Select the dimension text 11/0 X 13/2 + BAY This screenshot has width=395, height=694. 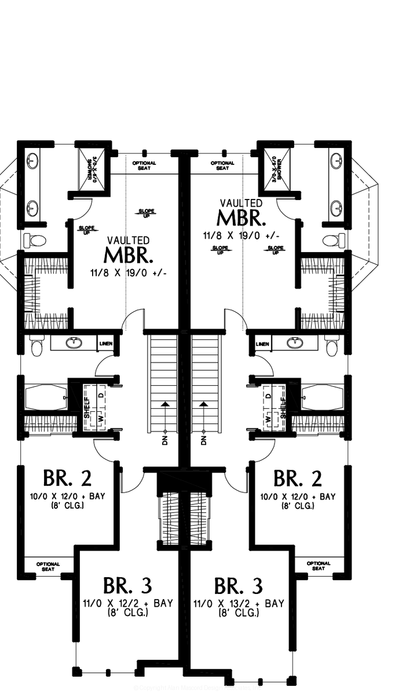(239, 603)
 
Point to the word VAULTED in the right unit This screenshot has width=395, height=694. (241, 203)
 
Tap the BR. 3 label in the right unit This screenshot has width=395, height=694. (239, 585)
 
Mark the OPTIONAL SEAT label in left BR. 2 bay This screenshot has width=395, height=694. (48, 566)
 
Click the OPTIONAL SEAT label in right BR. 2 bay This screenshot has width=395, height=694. (318, 566)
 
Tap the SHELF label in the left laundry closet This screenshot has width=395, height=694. (86, 407)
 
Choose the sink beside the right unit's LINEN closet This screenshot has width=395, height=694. (295, 342)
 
